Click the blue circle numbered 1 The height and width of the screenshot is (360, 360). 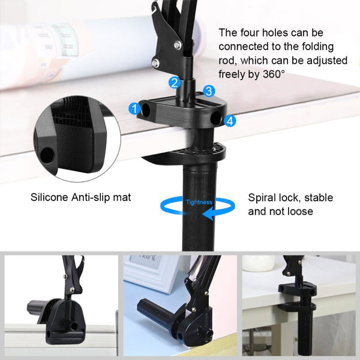point(134,109)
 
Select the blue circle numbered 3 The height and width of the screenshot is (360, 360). point(208,91)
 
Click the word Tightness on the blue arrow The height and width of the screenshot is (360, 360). point(199,202)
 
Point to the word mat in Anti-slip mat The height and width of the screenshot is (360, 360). point(122,197)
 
